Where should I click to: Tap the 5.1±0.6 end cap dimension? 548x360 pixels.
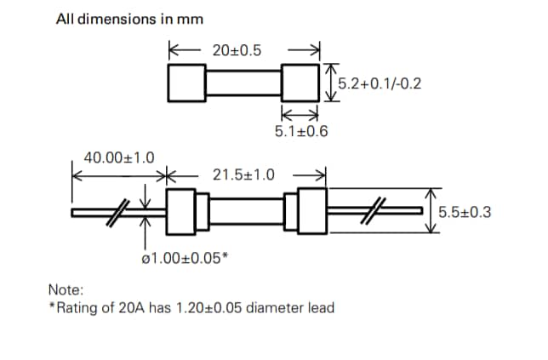tap(300, 132)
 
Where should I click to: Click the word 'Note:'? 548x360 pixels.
tap(66, 290)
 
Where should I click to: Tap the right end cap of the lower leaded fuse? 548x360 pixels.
tap(309, 213)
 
